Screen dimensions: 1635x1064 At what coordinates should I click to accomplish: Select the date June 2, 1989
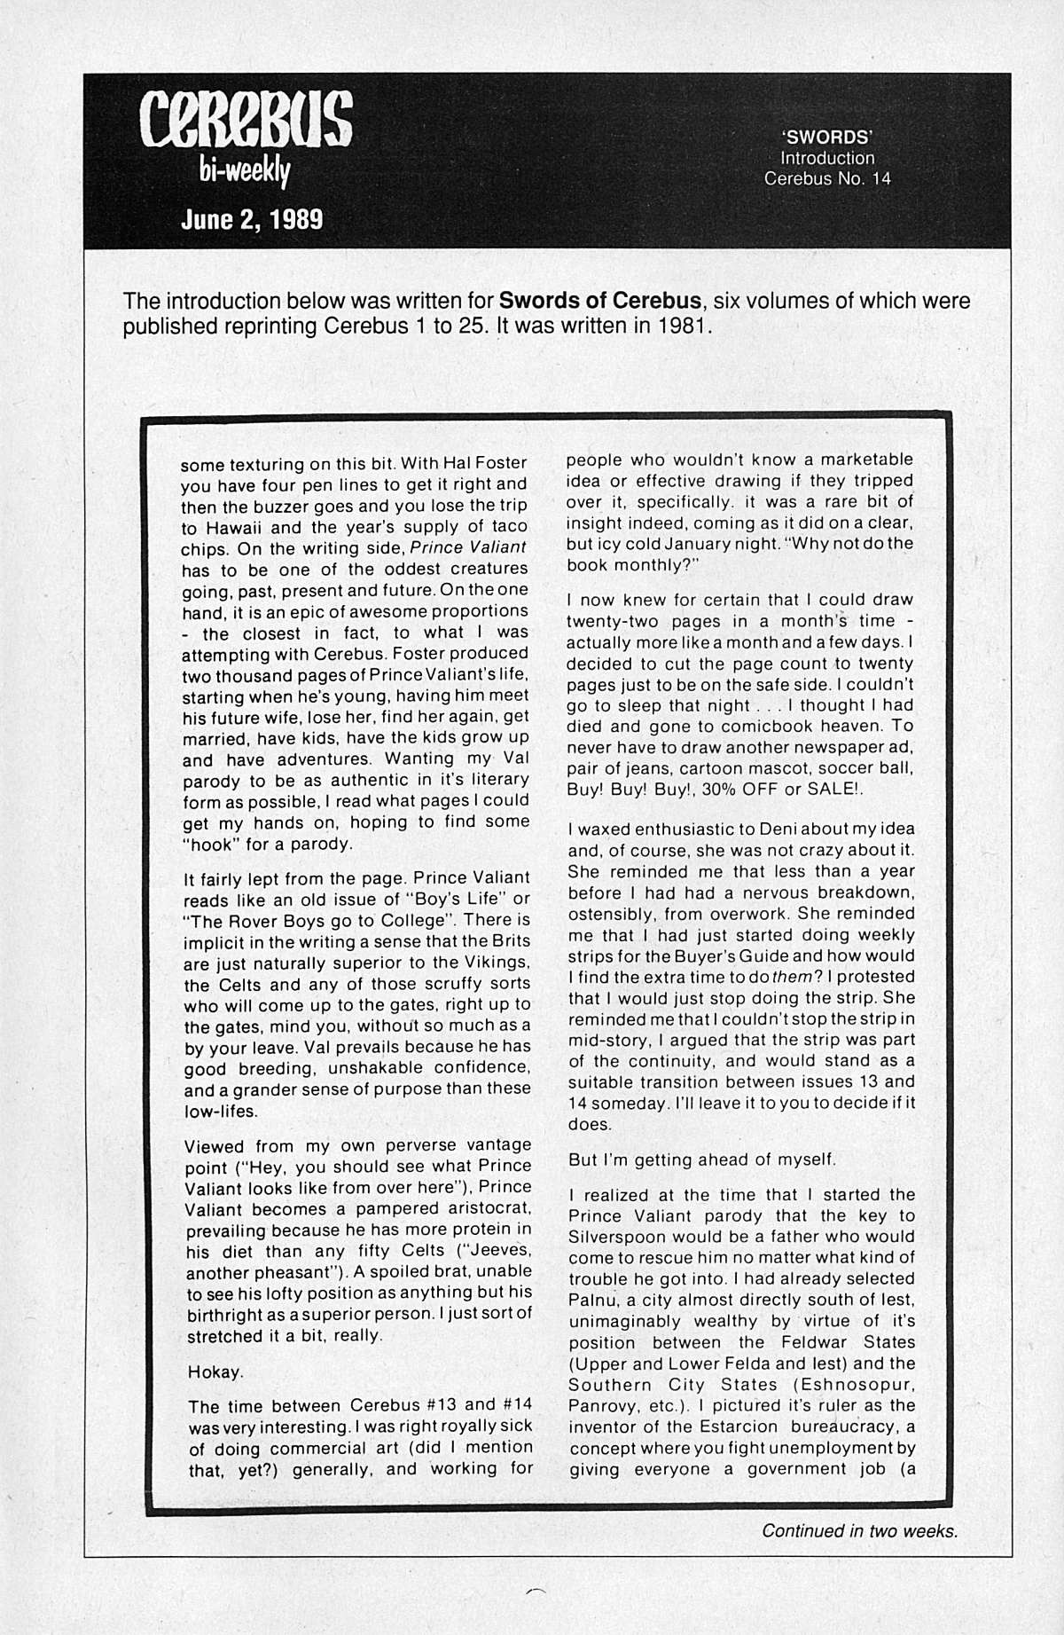pyautogui.click(x=252, y=219)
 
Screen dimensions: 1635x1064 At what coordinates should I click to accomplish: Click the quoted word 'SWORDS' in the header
pyautogui.click(x=827, y=137)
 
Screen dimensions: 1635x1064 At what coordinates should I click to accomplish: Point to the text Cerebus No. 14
pyautogui.click(x=827, y=178)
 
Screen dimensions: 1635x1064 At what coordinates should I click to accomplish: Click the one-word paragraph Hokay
pyautogui.click(x=215, y=1372)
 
